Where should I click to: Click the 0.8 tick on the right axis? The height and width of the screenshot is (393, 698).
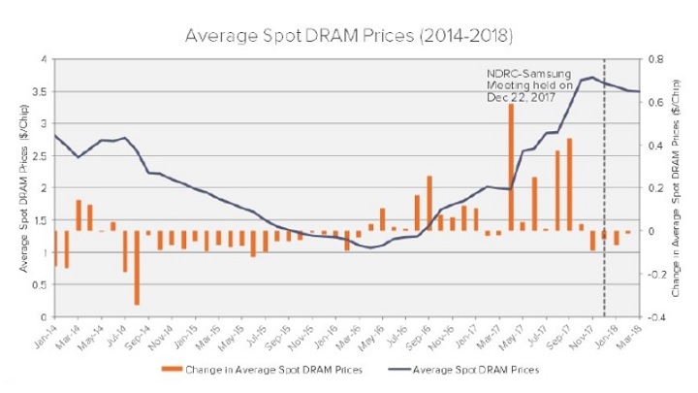click(x=653, y=59)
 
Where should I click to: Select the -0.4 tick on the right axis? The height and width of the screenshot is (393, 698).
click(x=655, y=316)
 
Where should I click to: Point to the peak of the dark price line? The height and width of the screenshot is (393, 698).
click(x=591, y=77)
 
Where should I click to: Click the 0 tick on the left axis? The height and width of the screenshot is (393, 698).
click(x=44, y=316)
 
